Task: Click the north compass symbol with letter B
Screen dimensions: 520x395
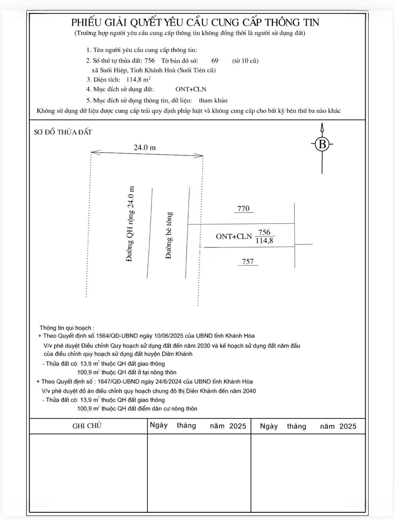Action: [x=322, y=144]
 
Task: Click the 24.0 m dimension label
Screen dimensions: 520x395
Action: [x=145, y=147]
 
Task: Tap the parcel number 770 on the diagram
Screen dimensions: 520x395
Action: [x=244, y=209]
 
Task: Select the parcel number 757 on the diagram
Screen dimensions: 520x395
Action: [x=248, y=261]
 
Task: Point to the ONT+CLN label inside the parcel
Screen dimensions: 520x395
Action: [x=234, y=236]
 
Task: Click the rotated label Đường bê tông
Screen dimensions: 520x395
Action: [x=169, y=235]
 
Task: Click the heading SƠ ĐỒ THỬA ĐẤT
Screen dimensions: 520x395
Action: [x=62, y=131]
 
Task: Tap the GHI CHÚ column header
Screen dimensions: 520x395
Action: [x=87, y=426]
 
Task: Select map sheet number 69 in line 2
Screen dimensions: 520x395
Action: [x=215, y=61]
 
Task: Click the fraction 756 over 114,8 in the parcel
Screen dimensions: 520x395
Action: [x=264, y=236]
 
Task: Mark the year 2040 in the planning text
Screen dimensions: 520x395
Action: [x=248, y=390]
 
